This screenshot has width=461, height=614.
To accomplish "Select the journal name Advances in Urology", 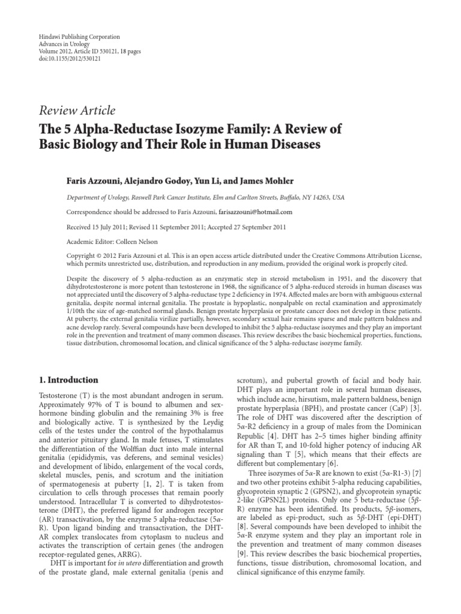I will point(62,45).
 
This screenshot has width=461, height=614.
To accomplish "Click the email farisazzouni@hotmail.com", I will point(255,212).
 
